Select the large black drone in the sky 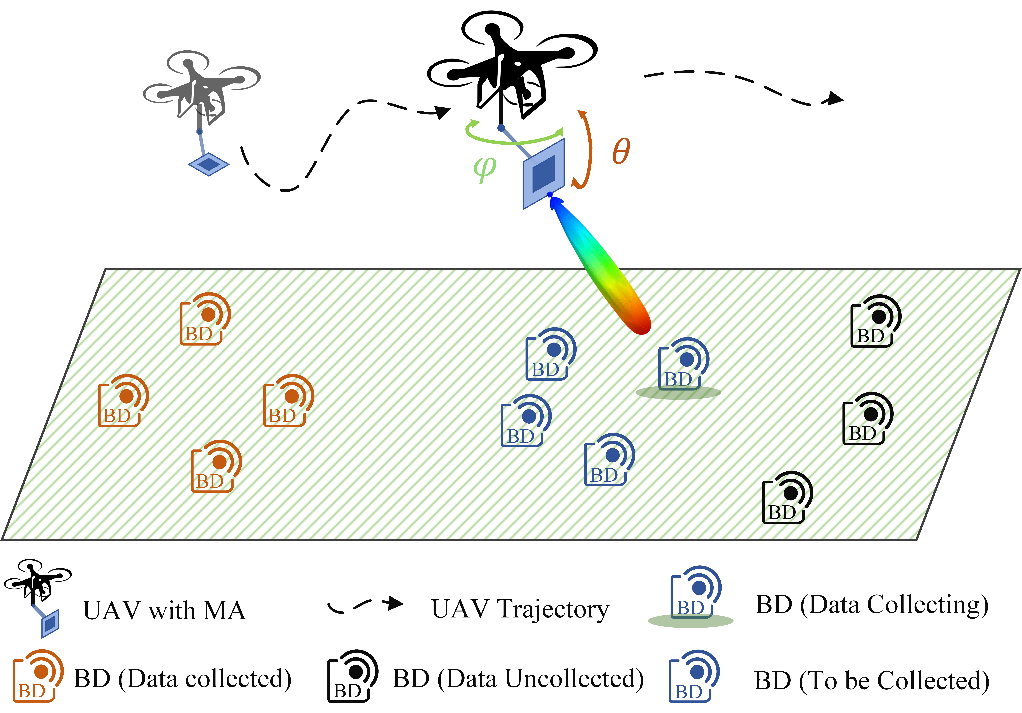(x=512, y=67)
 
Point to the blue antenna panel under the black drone (x=543, y=174)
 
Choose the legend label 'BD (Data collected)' (x=182, y=679)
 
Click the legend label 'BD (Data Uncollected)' (x=518, y=679)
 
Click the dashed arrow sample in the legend (x=365, y=605)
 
